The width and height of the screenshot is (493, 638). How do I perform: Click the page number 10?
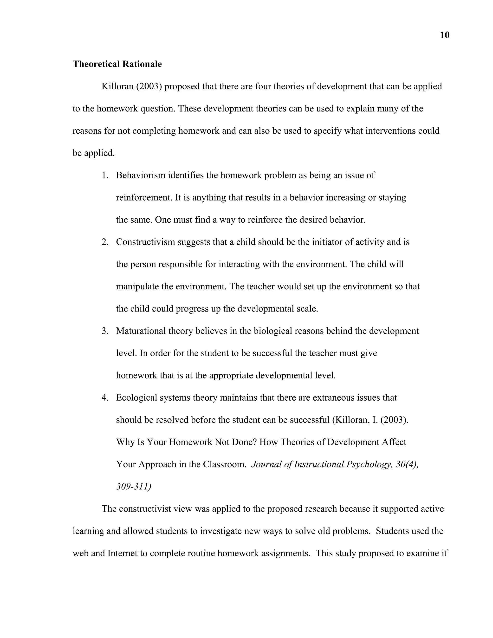tap(444, 35)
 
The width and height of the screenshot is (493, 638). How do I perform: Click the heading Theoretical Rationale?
tap(117, 64)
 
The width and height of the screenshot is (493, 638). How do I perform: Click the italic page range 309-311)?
tap(133, 487)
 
